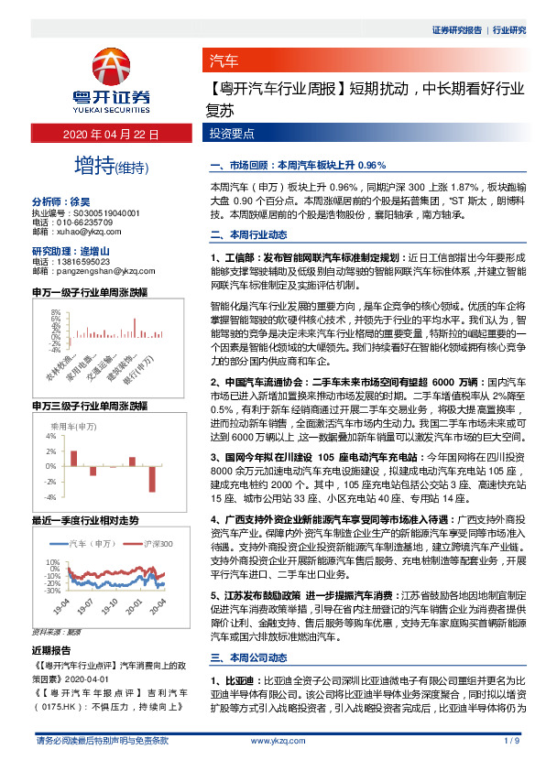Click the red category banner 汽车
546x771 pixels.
pyautogui.click(x=224, y=62)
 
